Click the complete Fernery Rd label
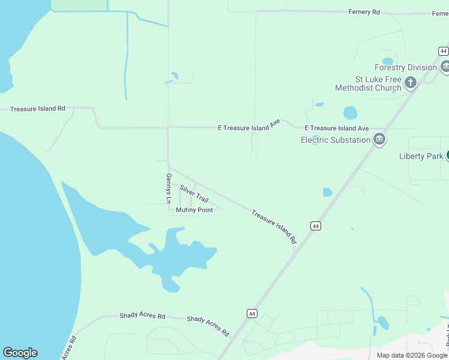click(x=364, y=12)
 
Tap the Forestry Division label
click(x=406, y=67)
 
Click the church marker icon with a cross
click(x=411, y=83)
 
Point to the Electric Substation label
click(x=336, y=140)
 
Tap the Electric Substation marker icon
click(x=379, y=140)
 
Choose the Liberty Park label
click(x=421, y=157)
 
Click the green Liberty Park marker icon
click(x=447, y=155)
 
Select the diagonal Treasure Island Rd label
click(x=274, y=226)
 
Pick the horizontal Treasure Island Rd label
click(x=37, y=109)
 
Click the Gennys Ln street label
click(x=169, y=188)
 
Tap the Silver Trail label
click(x=194, y=194)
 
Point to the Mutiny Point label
click(x=194, y=210)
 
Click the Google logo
click(x=20, y=353)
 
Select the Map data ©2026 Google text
click(x=412, y=355)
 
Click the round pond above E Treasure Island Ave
click(x=350, y=113)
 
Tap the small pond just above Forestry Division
click(x=387, y=61)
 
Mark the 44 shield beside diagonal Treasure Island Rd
click(x=316, y=226)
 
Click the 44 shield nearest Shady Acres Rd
click(x=252, y=313)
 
